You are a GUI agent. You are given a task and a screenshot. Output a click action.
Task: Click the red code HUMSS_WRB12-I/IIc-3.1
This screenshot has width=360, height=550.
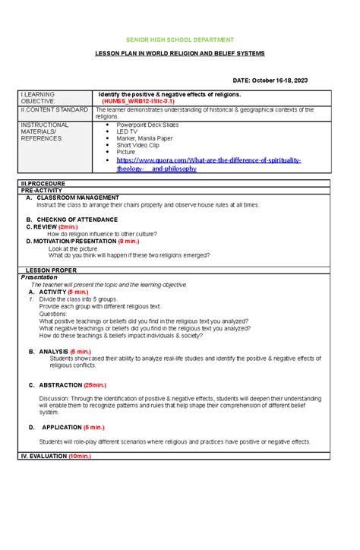click(144, 100)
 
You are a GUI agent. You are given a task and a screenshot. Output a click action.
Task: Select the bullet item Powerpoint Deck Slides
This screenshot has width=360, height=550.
click(147, 124)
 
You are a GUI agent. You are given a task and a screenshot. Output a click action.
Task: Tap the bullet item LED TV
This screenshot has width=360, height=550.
click(127, 132)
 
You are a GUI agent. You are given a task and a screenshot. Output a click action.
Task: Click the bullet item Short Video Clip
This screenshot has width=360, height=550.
click(139, 149)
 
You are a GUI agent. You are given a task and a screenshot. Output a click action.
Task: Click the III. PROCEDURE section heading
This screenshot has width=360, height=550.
click(46, 184)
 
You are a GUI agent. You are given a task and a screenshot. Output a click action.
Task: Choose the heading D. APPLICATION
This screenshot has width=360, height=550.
click(61, 427)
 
